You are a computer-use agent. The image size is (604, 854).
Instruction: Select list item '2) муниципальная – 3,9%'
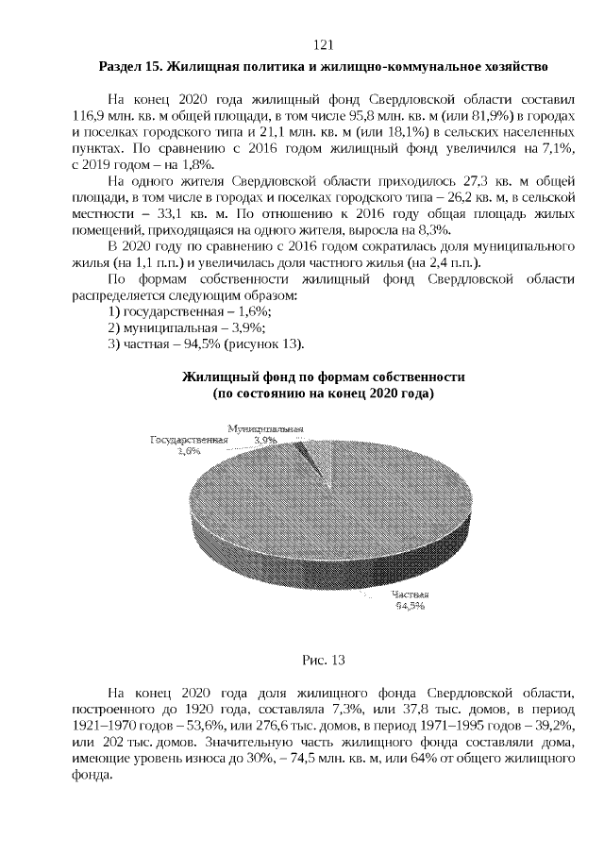(x=186, y=327)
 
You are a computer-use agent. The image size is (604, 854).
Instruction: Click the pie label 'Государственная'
(x=190, y=441)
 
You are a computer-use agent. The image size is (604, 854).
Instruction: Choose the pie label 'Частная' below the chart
(x=410, y=595)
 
